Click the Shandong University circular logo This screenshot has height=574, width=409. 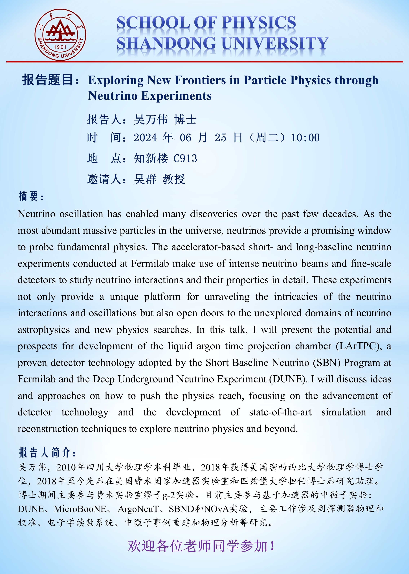60,35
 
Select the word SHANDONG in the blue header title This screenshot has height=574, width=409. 166,43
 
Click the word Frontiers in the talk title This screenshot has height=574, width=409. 200,80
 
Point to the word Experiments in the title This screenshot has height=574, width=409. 176,96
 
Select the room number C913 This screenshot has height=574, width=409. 185,159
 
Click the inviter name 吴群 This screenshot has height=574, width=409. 145,179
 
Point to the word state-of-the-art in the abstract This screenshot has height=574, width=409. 280,412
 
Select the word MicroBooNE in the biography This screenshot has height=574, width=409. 80,509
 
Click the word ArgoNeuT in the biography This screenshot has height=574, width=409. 138,509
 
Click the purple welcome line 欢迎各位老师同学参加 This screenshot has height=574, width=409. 201,546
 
